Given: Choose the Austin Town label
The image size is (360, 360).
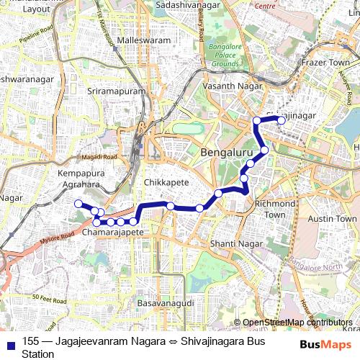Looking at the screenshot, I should [332, 218].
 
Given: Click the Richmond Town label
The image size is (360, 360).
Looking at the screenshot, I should [275, 209].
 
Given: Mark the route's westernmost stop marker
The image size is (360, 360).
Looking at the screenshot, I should [78, 204].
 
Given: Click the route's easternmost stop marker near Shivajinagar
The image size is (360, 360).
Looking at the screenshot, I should [282, 121].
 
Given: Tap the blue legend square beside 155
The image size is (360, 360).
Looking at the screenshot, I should [9, 342].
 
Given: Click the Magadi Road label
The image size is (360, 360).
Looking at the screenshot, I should [100, 157].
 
